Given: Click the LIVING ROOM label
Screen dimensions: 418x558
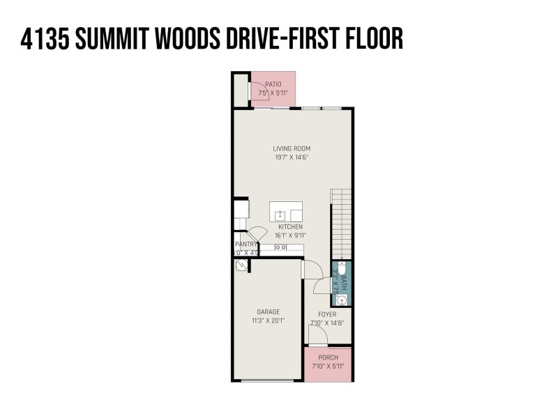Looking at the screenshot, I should tap(292, 148).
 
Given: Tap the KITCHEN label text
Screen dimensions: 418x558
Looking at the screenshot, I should tap(290, 227).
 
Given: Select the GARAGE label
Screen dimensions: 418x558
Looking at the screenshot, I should tap(268, 312).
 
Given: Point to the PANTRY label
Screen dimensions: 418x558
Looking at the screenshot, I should tap(246, 245).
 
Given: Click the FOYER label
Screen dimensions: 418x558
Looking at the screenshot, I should tap(327, 314).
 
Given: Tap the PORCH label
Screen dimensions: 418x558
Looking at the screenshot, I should tap(327, 357).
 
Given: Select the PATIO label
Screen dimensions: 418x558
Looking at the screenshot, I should tap(273, 84).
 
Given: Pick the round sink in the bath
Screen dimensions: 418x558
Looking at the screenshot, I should tap(340, 300).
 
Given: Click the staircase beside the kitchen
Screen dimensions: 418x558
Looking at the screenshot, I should tap(341, 223).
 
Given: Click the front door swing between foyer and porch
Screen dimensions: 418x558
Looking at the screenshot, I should tap(317, 337).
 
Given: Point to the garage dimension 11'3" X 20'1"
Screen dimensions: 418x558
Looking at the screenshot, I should tap(268, 321).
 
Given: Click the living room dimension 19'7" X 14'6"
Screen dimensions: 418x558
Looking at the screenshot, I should tap(292, 157).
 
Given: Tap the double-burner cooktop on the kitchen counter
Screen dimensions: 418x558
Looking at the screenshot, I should tap(280, 247).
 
